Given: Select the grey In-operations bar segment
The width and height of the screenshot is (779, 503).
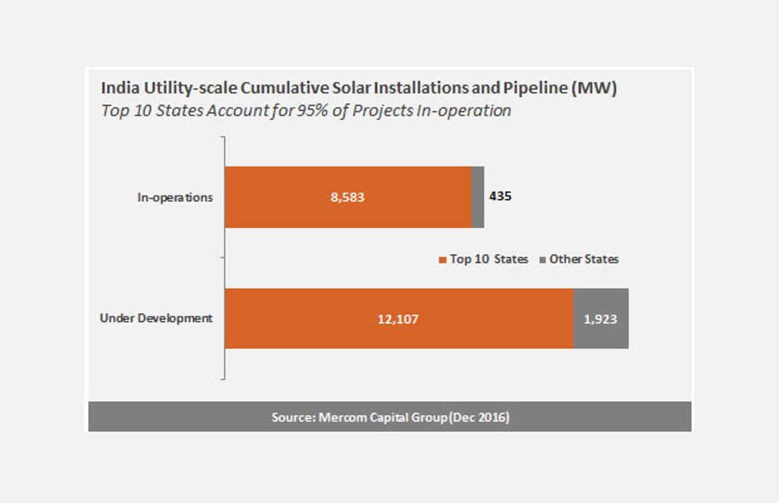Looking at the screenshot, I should click(478, 197).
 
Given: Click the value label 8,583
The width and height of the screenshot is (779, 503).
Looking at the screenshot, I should click(348, 197).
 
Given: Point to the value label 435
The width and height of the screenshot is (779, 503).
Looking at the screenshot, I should click(500, 197).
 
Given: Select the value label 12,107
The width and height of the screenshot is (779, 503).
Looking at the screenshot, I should click(398, 319).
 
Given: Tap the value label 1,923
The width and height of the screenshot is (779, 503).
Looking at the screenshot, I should click(600, 319).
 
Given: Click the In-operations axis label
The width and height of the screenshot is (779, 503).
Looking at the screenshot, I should click(175, 197).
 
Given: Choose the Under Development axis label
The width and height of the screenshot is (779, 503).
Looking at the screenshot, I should click(156, 318).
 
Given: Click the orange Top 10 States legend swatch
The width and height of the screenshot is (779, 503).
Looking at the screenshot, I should click(442, 260).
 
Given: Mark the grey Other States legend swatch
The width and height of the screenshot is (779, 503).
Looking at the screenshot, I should click(542, 260).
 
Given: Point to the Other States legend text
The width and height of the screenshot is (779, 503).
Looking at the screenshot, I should click(584, 259).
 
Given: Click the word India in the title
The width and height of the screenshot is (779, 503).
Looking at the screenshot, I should click(118, 88).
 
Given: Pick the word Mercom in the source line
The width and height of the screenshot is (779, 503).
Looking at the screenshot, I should click(343, 417).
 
